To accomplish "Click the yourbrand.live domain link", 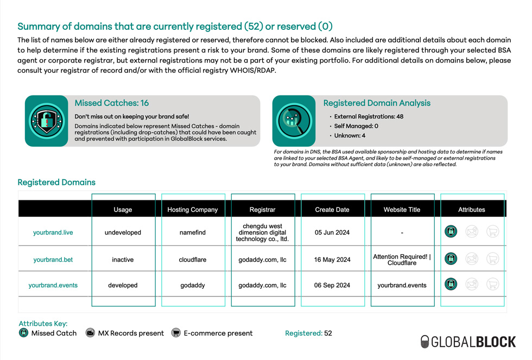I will [53, 232].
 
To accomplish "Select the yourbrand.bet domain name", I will [53, 260].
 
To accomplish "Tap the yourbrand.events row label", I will [53, 285].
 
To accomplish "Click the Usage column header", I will [123, 210].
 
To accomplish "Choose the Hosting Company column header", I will [193, 210].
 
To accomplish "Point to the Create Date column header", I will [332, 210].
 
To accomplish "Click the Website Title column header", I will [402, 210].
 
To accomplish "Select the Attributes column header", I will [471, 210].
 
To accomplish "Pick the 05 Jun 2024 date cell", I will [332, 232].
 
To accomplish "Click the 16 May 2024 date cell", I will [332, 260].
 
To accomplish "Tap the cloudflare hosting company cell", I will [193, 260].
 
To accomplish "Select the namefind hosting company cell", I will [193, 232].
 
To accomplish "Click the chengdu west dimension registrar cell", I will [262, 232].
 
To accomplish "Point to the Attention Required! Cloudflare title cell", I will [402, 260].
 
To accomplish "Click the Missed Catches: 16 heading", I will [112, 103].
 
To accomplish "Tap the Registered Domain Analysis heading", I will [377, 103].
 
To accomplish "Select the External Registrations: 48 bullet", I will [369, 116].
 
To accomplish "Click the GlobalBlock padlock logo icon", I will [425, 342].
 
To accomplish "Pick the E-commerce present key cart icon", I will [176, 333].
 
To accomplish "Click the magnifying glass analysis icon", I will [294, 121].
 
